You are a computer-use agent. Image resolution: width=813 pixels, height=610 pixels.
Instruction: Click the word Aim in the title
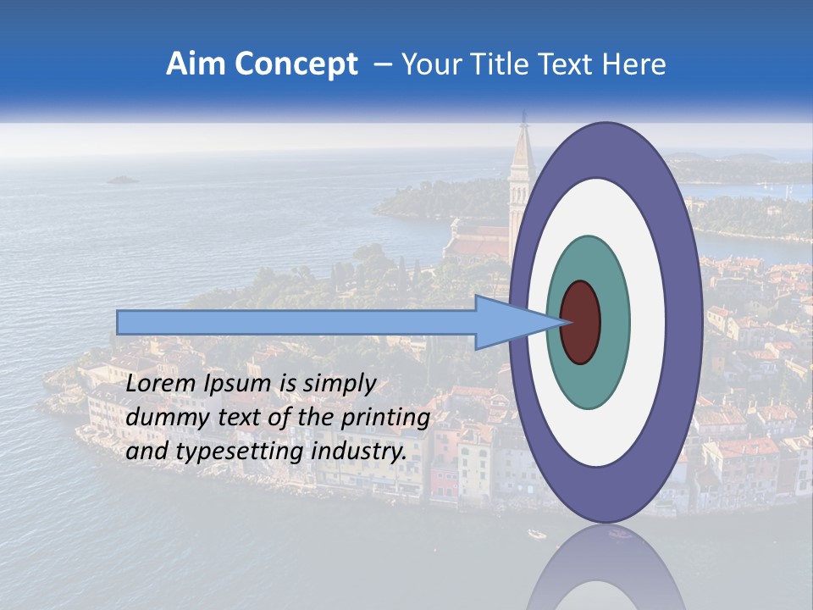(195, 64)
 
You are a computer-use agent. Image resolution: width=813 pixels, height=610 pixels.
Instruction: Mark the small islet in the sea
(123, 180)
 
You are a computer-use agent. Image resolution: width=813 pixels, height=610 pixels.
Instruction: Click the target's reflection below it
(605, 568)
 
